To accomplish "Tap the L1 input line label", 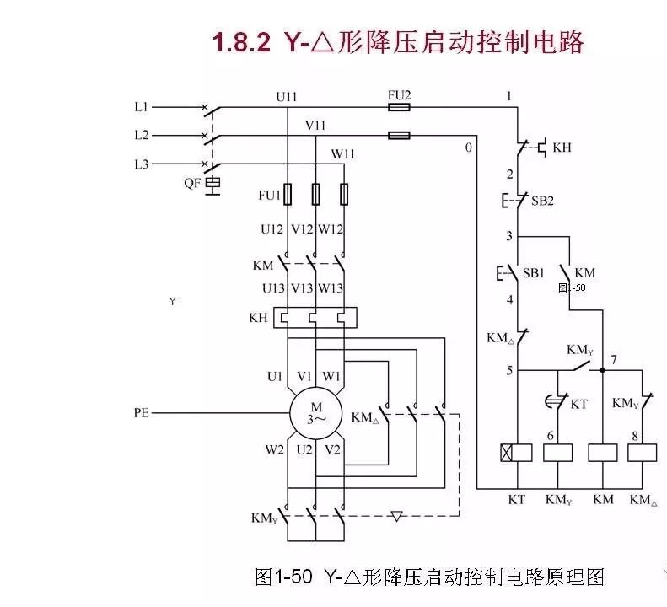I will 141,107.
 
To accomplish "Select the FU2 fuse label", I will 399,96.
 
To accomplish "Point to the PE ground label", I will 142,413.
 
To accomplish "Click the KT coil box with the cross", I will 517,452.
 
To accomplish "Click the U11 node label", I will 287,96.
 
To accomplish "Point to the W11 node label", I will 342,153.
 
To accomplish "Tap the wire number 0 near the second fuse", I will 468,148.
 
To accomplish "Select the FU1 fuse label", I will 269,195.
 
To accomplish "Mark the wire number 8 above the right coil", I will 634,436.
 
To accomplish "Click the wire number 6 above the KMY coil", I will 550,436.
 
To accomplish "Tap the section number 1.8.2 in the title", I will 240,42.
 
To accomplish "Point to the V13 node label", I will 303,288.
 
